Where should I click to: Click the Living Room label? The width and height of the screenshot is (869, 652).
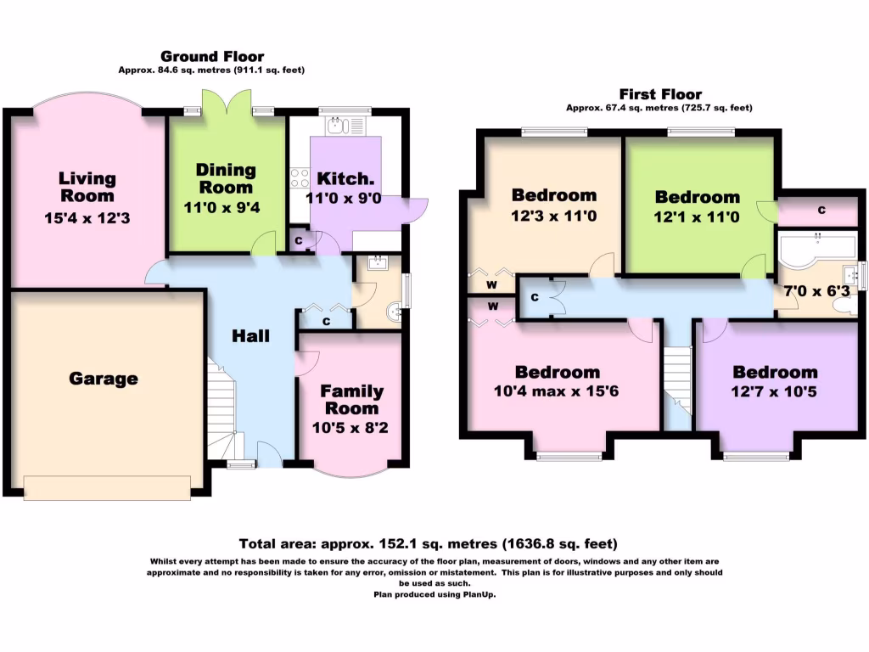coord(87,188)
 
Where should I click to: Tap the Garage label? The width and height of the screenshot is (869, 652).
coord(104,379)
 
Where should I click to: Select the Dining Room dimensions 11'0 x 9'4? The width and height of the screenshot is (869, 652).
coord(221,208)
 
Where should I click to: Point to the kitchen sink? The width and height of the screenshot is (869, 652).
coord(345,126)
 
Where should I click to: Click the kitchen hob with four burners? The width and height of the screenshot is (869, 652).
coord(300,178)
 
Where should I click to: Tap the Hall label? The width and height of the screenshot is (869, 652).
coord(250,336)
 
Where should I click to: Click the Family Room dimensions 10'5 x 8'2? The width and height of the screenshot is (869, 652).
coord(350,428)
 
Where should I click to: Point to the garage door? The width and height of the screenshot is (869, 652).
coord(107,488)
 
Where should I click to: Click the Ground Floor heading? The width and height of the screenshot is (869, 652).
coord(212,57)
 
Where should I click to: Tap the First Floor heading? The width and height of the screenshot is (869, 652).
coord(660,94)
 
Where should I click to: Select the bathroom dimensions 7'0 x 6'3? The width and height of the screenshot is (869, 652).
coord(816,291)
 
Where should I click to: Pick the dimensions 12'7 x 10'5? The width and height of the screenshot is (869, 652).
coord(774,392)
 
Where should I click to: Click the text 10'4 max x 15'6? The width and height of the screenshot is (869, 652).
coord(556,391)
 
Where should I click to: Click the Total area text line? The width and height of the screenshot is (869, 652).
coord(428,544)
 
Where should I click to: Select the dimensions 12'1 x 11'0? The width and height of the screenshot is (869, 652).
coord(697,216)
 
